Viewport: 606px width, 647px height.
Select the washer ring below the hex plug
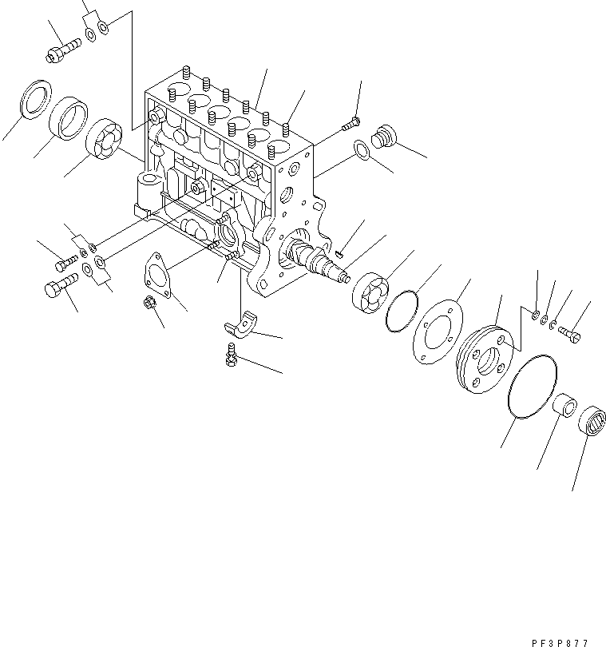point(361,149)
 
